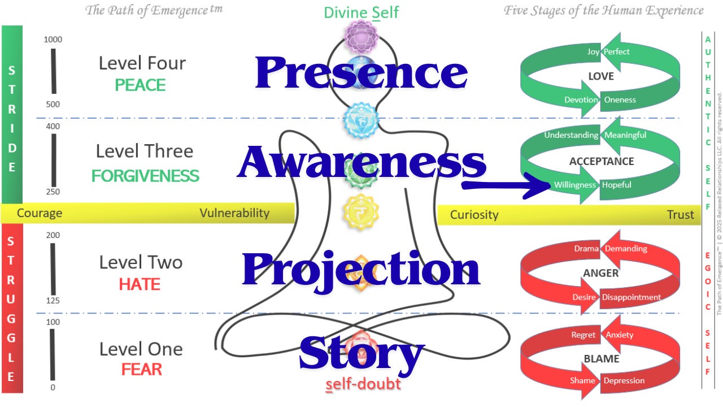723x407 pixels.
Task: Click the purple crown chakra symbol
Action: coord(361,37)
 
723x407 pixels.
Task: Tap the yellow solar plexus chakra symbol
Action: coord(361,212)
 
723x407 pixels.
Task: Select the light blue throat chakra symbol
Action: coord(361,120)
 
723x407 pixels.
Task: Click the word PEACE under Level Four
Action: coord(140,85)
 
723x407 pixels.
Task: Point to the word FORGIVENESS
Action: coord(145,176)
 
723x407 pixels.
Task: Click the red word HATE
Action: coord(140,284)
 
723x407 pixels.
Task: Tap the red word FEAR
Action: coord(141,370)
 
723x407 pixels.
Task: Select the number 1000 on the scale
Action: coord(53,40)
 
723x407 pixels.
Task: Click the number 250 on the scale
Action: coord(53,192)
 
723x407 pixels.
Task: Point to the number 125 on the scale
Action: coord(53,301)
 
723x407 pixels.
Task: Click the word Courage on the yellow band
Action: coord(40,213)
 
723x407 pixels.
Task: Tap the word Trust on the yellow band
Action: coord(681,214)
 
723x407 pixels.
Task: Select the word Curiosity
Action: coord(474,215)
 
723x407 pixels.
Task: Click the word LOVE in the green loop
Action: coord(601,76)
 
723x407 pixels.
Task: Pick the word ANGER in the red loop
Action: coord(600,273)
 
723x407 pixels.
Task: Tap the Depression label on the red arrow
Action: coord(624,381)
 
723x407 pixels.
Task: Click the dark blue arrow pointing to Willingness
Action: coord(506,185)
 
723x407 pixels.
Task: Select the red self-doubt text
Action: coord(363,384)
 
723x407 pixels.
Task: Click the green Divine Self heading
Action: coord(361,13)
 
